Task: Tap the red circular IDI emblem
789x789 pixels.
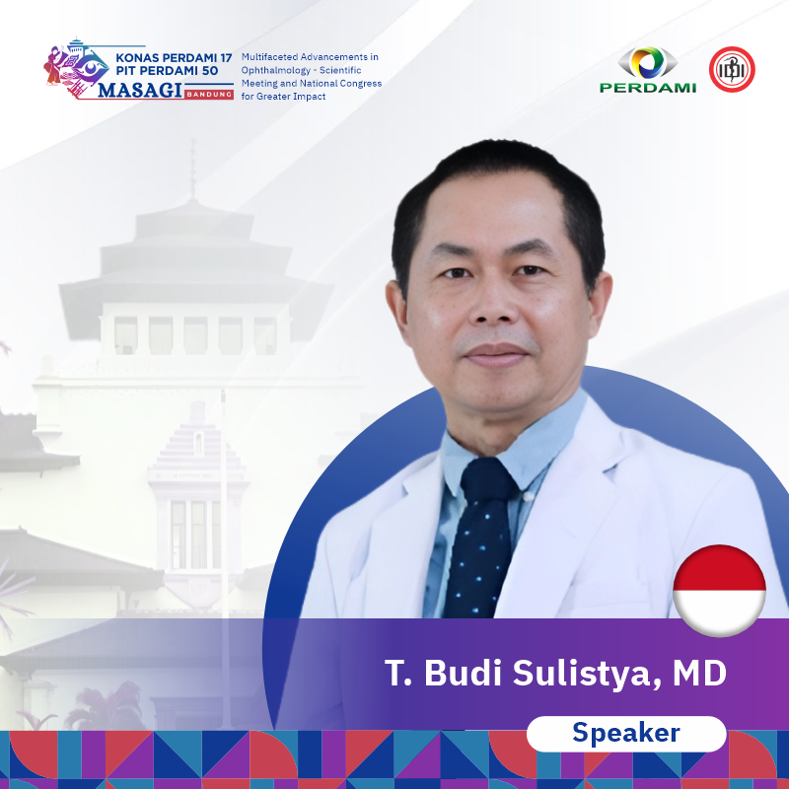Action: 732,69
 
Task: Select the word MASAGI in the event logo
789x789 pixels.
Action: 140,91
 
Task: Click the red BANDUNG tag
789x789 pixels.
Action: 209,94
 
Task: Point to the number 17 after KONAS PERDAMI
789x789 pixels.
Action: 226,58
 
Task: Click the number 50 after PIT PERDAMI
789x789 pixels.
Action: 210,71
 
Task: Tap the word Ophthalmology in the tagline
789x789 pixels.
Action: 276,70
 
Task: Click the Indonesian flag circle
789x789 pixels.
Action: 719,590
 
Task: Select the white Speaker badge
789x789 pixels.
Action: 626,733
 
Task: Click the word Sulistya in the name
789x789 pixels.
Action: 587,674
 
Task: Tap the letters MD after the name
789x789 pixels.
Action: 699,674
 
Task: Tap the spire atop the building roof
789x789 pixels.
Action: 192,170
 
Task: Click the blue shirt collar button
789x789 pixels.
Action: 527,497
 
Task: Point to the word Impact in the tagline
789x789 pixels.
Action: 310,96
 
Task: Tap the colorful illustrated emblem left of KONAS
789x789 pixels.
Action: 76,68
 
